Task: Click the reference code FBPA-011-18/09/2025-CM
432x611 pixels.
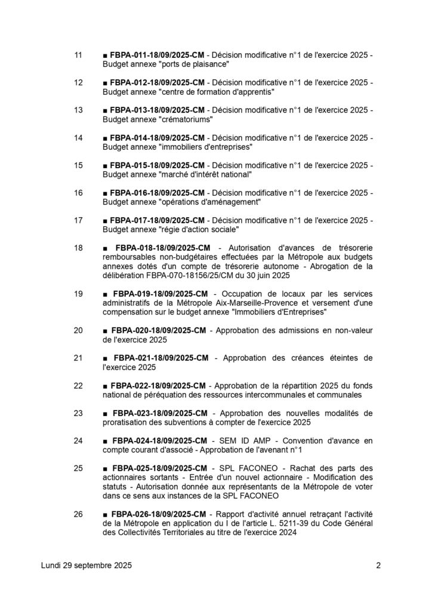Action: (x=158, y=55)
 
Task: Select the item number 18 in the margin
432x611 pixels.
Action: (x=78, y=247)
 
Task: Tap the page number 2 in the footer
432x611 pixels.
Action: (x=378, y=565)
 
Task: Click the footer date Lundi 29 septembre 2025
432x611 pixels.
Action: (x=87, y=565)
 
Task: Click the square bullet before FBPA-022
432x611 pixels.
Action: (x=105, y=385)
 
